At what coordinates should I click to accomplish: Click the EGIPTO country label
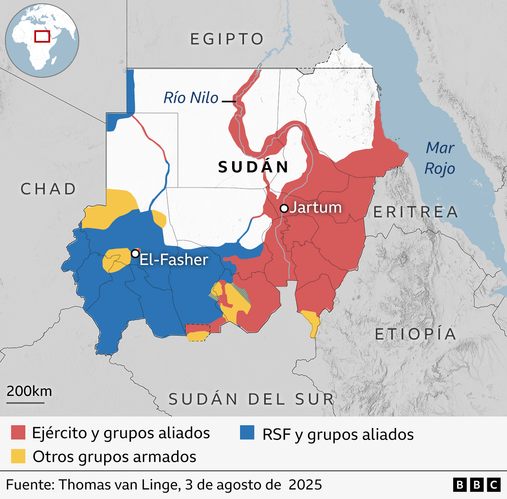click(x=227, y=39)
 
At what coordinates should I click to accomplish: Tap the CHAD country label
click(x=48, y=189)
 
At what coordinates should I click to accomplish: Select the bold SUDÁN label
click(x=253, y=167)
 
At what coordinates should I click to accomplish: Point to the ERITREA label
click(x=416, y=212)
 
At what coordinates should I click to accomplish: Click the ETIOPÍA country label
click(x=416, y=334)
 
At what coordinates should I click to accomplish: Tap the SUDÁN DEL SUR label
click(x=252, y=399)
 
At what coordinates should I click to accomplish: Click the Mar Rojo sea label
click(x=440, y=158)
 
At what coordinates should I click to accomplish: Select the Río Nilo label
click(x=191, y=98)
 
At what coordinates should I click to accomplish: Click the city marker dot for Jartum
click(x=284, y=208)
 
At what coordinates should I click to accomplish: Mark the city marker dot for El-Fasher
click(x=135, y=253)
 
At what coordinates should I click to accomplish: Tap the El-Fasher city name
click(x=174, y=260)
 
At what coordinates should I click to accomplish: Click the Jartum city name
click(x=316, y=207)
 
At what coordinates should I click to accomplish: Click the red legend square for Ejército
click(x=18, y=432)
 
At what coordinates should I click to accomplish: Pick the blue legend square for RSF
click(x=247, y=432)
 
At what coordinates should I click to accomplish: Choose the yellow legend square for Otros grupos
click(x=18, y=456)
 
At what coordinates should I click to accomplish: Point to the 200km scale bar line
click(x=25, y=403)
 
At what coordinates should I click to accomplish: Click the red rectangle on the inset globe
click(x=42, y=36)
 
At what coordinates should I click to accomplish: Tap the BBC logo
click(x=477, y=485)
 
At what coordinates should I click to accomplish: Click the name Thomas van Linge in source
click(x=120, y=485)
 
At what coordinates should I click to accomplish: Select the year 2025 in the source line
click(x=305, y=485)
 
